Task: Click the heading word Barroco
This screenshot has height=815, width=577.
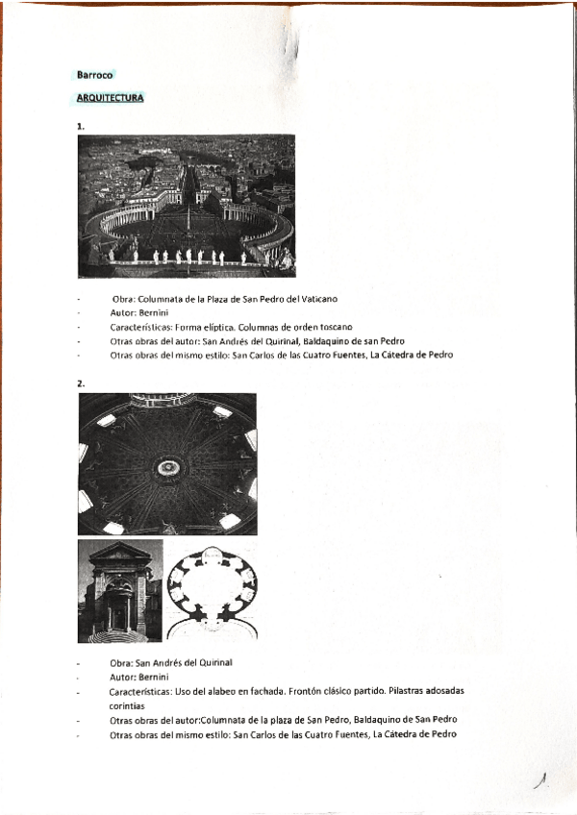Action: (x=95, y=73)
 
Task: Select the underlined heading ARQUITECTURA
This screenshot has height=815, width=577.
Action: (x=111, y=97)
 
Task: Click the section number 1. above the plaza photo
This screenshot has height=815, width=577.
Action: (x=81, y=126)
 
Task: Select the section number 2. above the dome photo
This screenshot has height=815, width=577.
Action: (x=81, y=383)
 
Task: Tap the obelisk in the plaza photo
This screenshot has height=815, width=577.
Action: (x=189, y=222)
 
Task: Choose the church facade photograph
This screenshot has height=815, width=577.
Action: (x=119, y=590)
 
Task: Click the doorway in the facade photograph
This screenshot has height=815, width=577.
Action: (x=120, y=611)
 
